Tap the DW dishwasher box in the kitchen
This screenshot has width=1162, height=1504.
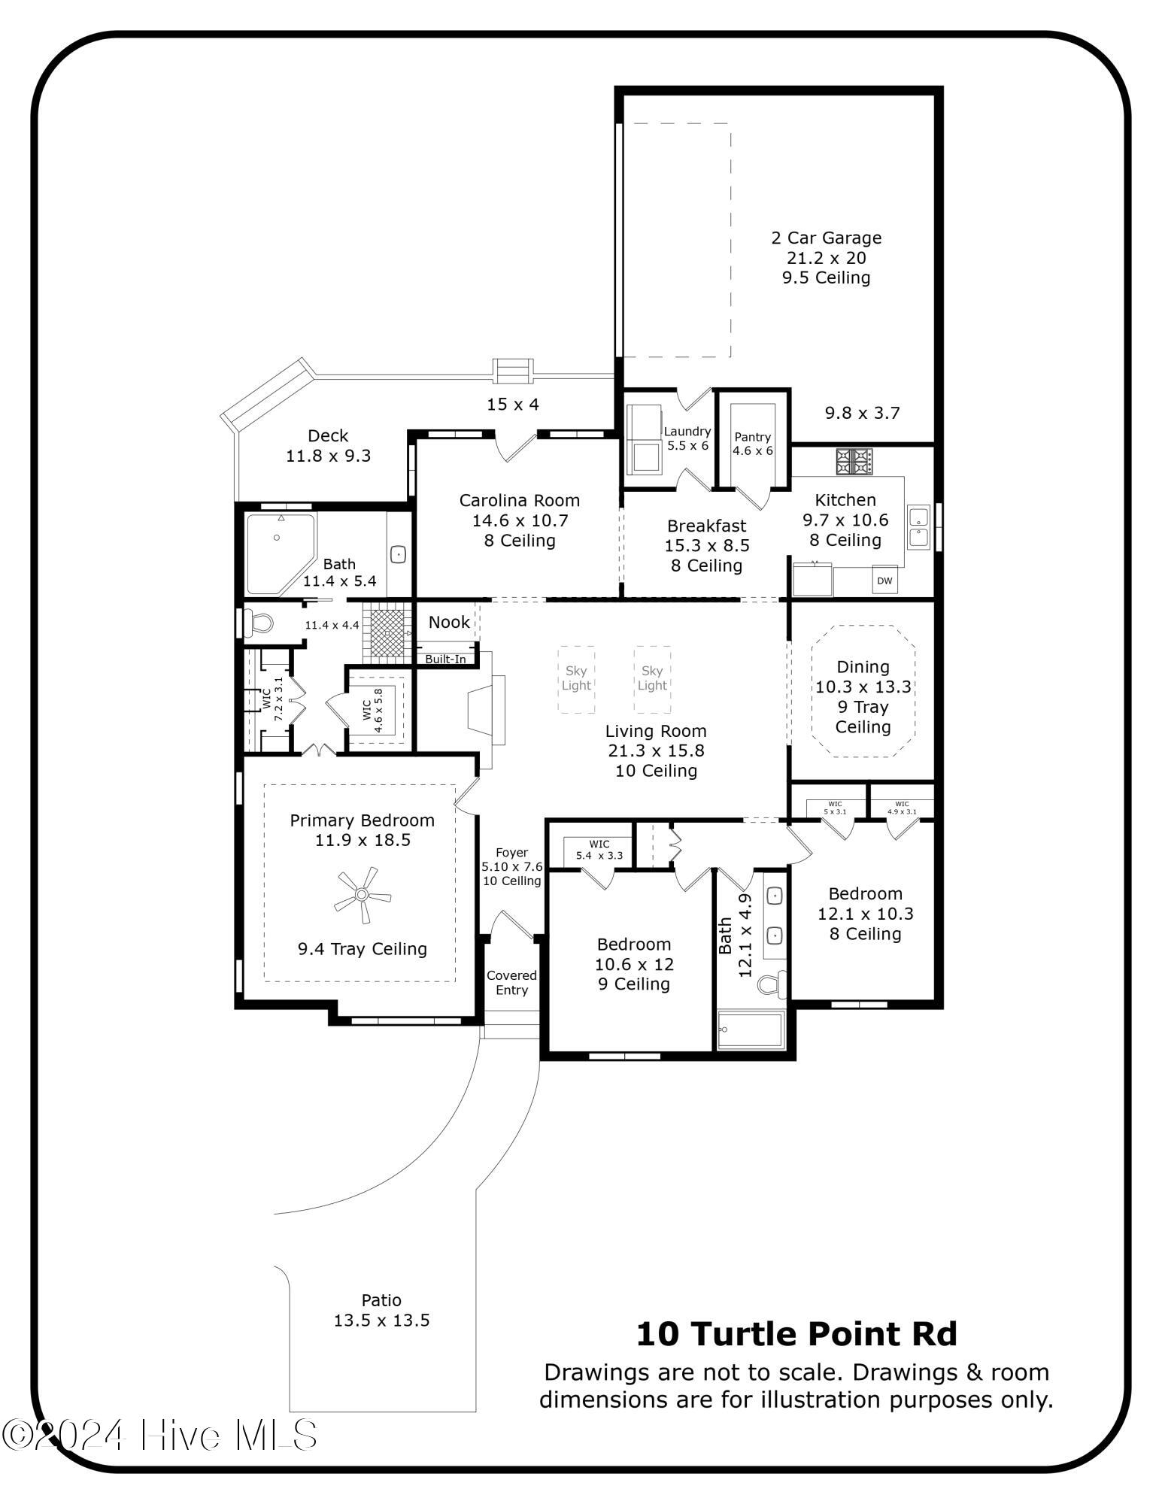click(884, 581)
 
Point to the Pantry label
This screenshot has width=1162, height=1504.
click(752, 437)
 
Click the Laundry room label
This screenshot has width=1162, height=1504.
click(687, 432)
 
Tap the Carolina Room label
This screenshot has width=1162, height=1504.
click(519, 501)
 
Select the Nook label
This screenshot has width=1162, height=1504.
click(449, 622)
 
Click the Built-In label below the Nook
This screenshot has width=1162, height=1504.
click(445, 660)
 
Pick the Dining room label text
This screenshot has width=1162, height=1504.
click(863, 667)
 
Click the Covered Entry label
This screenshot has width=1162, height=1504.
click(511, 982)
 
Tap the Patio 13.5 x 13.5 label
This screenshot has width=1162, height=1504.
click(381, 1310)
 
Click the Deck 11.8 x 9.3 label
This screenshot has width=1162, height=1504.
click(328, 445)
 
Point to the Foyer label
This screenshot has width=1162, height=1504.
click(511, 853)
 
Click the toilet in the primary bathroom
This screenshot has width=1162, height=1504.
click(258, 623)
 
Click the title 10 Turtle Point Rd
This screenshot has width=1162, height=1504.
click(796, 1334)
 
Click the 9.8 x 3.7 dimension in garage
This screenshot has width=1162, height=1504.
click(862, 413)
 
